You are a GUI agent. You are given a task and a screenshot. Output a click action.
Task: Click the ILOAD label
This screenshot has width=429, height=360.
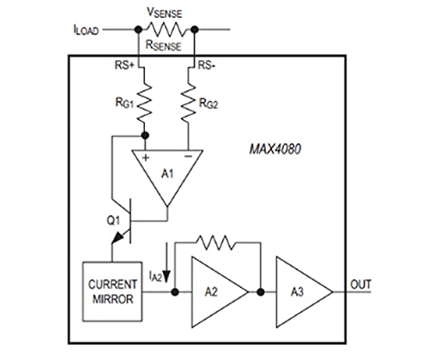(x=86, y=30)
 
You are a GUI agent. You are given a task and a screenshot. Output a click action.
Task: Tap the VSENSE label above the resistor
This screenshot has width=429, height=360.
(x=164, y=13)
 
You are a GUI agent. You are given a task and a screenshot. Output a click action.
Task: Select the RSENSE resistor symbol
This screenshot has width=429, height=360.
(x=166, y=29)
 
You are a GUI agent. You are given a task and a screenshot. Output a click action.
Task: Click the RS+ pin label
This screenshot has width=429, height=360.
(x=124, y=65)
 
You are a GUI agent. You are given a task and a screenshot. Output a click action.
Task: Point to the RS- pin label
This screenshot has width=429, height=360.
(x=207, y=65)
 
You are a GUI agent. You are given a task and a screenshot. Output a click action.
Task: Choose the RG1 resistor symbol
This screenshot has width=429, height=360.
(x=144, y=100)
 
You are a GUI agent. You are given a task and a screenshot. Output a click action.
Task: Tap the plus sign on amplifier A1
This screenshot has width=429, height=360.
(x=146, y=158)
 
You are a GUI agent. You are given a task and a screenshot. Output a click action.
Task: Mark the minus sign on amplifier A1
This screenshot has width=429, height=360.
(x=188, y=156)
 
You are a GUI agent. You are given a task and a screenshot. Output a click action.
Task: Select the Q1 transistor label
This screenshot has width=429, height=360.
(x=113, y=220)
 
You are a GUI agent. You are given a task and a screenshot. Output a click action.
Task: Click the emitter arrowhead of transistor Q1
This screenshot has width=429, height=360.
(x=118, y=237)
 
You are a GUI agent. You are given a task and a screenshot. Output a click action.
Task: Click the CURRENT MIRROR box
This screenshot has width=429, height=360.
(x=112, y=291)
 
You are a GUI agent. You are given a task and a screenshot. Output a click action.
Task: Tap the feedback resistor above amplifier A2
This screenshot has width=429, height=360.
(x=215, y=243)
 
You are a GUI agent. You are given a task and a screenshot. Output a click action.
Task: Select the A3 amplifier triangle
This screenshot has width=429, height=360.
(x=305, y=292)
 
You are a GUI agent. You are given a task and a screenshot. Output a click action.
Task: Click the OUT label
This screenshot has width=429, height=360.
(x=361, y=285)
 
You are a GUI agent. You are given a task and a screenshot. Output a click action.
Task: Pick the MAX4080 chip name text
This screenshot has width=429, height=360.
(x=275, y=149)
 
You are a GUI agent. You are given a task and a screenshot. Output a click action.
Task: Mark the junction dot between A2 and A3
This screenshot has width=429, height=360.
(x=261, y=292)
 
